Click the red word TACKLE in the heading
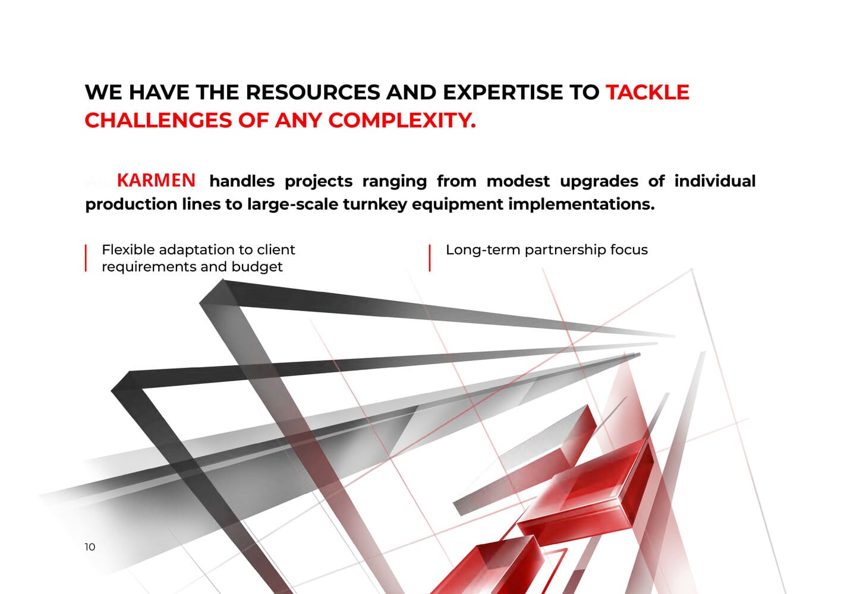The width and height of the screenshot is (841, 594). point(648,92)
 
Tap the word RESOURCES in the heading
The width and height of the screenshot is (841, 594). point(313,92)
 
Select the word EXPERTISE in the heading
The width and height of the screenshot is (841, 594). point(503,92)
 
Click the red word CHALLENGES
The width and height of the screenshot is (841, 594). point(159,121)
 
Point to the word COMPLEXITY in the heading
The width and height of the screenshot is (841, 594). point(402,121)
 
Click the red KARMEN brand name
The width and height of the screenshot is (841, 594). point(156,180)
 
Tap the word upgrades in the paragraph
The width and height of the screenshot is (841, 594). point(599,181)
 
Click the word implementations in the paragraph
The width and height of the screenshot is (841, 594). point(581,204)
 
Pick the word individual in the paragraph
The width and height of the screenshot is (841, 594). point(715,181)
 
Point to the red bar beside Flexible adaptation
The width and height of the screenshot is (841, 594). point(86,258)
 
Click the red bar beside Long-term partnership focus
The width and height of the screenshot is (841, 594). point(430,258)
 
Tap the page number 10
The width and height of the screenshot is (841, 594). point(90,547)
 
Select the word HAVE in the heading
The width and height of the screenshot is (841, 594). point(159,92)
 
